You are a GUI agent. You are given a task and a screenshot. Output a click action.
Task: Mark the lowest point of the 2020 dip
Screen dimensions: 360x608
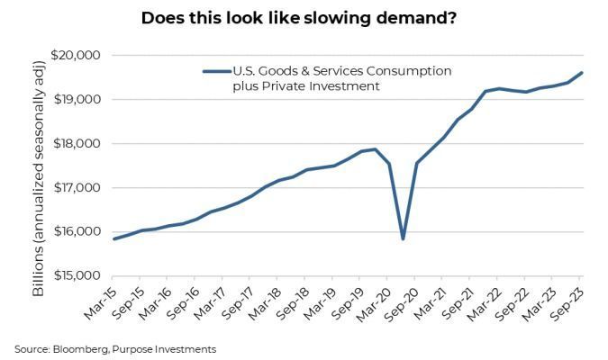click(403, 238)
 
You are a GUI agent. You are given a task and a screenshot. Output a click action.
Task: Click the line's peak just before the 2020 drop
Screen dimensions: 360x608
click(375, 149)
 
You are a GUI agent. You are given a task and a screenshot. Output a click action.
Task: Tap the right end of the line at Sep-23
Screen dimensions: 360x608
click(583, 73)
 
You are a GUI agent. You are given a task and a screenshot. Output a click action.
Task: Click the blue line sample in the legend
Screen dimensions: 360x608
click(216, 71)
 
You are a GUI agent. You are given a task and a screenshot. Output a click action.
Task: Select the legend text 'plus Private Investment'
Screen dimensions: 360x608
click(302, 86)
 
